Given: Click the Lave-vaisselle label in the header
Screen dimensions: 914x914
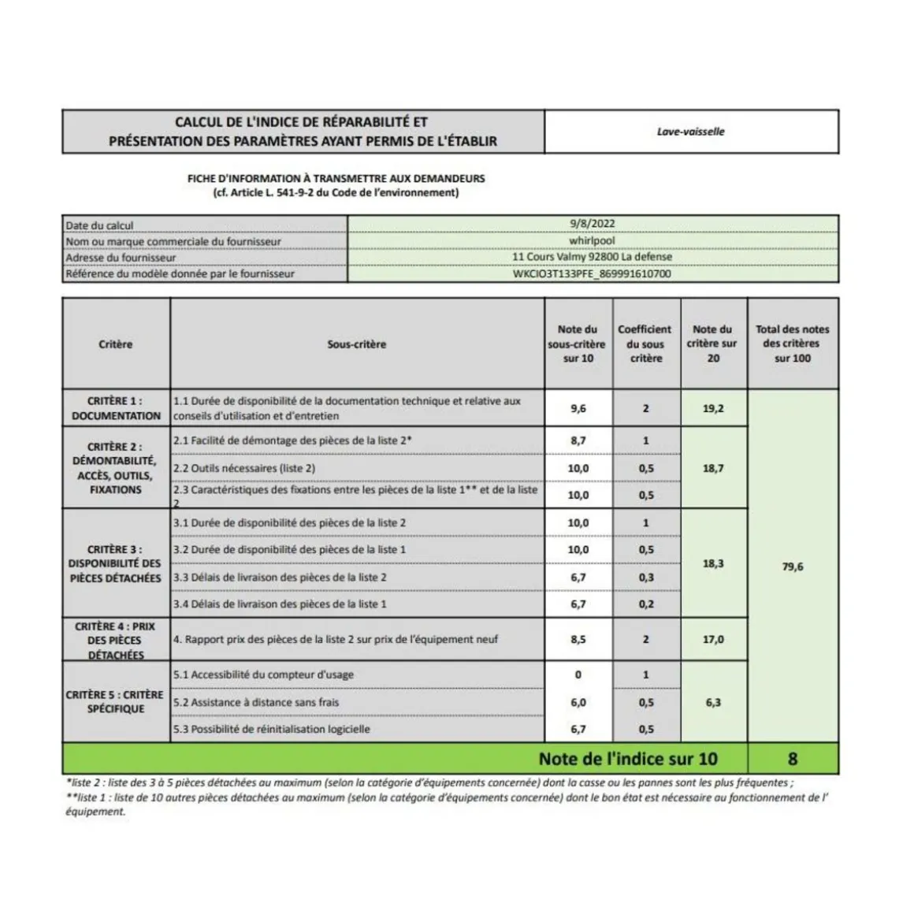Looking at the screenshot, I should pyautogui.click(x=690, y=132).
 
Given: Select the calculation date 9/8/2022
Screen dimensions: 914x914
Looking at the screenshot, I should pyautogui.click(x=592, y=225).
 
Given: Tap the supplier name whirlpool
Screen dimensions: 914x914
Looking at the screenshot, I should pyautogui.click(x=592, y=241).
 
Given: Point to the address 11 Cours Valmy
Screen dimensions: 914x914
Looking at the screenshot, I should pyautogui.click(x=592, y=257).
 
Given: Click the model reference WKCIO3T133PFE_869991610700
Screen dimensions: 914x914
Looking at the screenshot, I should pyautogui.click(x=592, y=274).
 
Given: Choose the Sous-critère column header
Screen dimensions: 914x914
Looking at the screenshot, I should pyautogui.click(x=356, y=344).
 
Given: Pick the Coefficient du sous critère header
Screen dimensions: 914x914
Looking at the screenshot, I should pyautogui.click(x=645, y=344).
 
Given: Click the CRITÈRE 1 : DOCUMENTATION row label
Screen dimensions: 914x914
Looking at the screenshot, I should pyautogui.click(x=116, y=408).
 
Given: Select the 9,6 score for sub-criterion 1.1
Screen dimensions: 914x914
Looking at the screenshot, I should pyautogui.click(x=578, y=409).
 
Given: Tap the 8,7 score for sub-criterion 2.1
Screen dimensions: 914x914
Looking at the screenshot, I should pyautogui.click(x=578, y=441).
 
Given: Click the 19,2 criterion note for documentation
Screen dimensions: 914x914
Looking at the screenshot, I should pyautogui.click(x=713, y=409).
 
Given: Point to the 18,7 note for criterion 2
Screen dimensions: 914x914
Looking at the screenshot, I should pyautogui.click(x=713, y=468).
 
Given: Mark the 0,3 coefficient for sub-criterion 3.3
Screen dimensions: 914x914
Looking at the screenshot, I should pyautogui.click(x=646, y=578).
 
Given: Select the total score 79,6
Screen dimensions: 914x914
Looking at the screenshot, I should pyautogui.click(x=793, y=567).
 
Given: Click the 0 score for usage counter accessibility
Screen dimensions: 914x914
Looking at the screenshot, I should pyautogui.click(x=578, y=674).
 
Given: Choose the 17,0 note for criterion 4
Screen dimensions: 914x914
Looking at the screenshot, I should pyautogui.click(x=713, y=640).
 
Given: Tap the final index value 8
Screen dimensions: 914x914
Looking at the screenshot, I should pyautogui.click(x=793, y=759).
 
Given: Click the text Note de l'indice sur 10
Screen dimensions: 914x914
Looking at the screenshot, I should pyautogui.click(x=628, y=759).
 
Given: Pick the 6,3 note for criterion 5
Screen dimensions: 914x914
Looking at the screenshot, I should pyautogui.click(x=713, y=702).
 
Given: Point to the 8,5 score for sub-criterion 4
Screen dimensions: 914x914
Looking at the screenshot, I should pyautogui.click(x=578, y=640).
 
